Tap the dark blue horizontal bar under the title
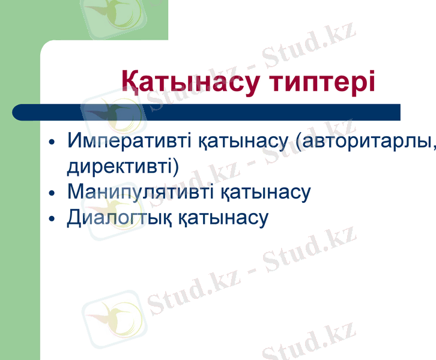point(240,112)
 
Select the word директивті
point(120,166)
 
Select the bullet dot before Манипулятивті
point(52,194)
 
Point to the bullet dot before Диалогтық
point(52,219)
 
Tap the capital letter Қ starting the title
point(132,82)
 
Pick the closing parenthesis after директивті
point(175,167)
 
